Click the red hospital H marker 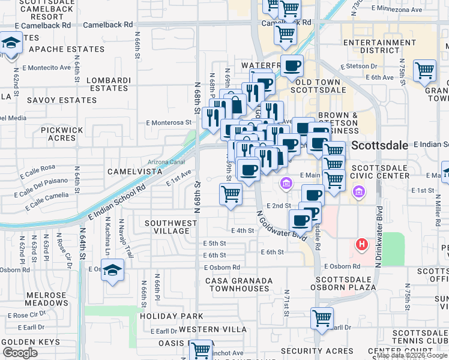pyautogui.click(x=361, y=244)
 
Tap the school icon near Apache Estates pyautogui.click(x=11, y=44)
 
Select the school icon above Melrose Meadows pyautogui.click(x=112, y=271)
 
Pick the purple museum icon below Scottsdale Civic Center pyautogui.click(x=359, y=192)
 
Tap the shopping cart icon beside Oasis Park pyautogui.click(x=201, y=350)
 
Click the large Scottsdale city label pyautogui.click(x=379, y=145)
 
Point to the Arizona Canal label pyautogui.click(x=166, y=162)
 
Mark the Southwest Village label pyautogui.click(x=171, y=227)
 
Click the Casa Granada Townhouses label pyautogui.click(x=239, y=284)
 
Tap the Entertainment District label pyautogui.click(x=372, y=46)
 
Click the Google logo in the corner pyautogui.click(x=20, y=353)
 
